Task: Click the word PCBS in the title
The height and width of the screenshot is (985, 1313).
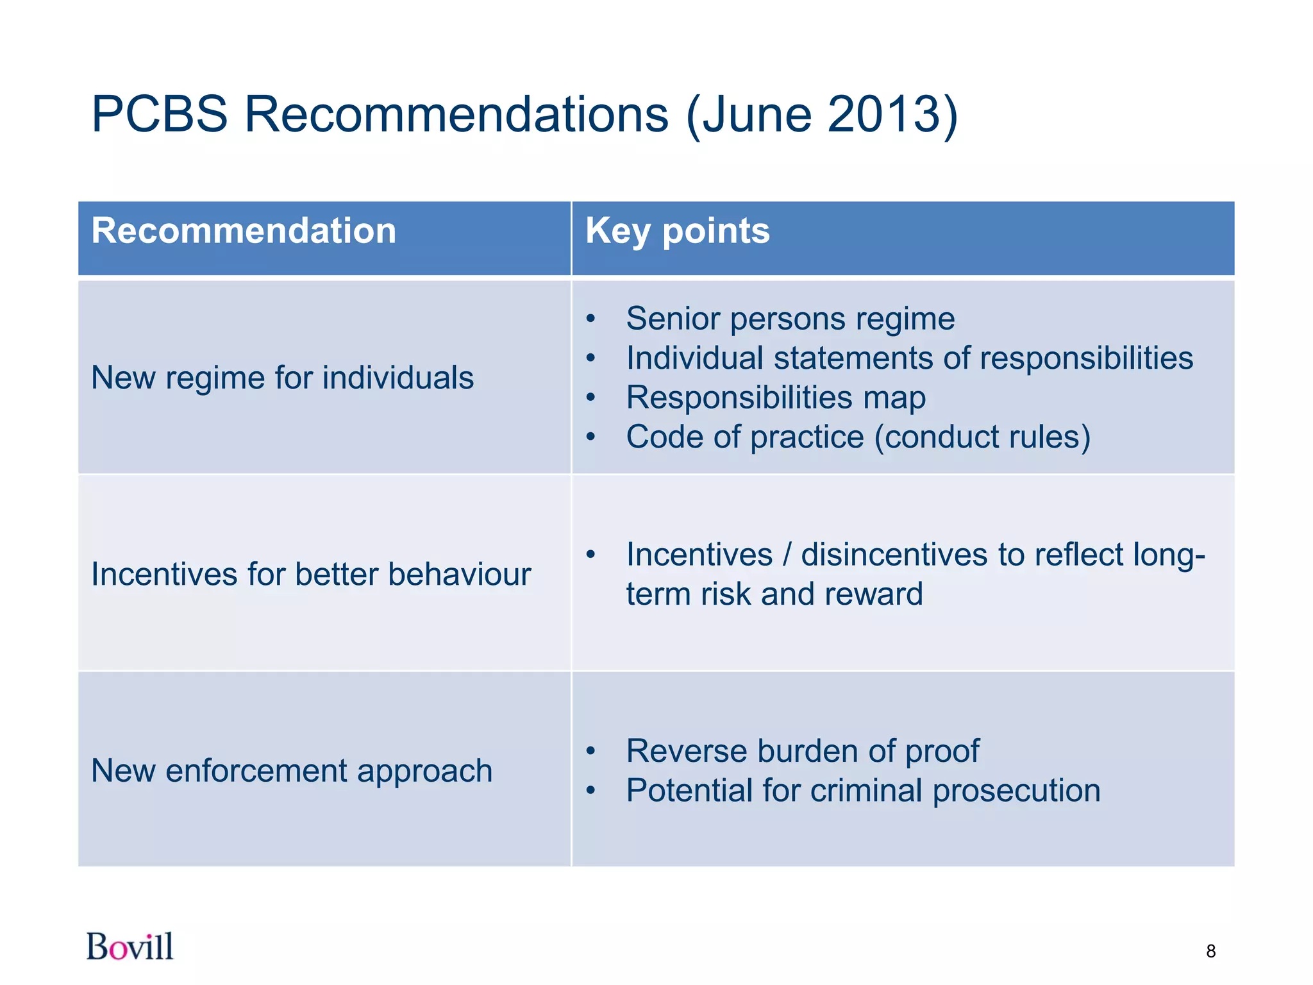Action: tap(160, 114)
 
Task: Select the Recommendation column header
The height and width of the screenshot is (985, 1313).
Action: tap(244, 231)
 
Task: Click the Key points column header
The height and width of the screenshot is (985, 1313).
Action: tap(677, 231)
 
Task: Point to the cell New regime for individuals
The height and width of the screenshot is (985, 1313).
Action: tap(282, 377)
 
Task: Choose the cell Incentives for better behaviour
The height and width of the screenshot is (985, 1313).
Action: tap(311, 574)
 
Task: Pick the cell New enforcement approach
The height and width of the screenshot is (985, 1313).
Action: tap(292, 770)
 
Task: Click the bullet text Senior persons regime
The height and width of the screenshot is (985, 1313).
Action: tap(790, 319)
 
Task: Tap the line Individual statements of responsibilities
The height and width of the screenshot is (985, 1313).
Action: tap(909, 358)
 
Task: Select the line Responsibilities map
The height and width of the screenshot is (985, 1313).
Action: tap(776, 398)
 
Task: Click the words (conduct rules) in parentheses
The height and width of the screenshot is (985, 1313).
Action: tap(982, 437)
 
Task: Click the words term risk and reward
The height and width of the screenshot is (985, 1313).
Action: tap(774, 594)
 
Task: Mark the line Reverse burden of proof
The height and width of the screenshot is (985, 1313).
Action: tap(803, 751)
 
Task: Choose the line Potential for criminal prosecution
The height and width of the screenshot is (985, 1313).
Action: tap(863, 790)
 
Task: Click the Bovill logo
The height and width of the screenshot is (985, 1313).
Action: tap(130, 947)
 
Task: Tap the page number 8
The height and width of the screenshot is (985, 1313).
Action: tap(1210, 951)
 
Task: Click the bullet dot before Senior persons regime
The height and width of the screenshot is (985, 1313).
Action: tap(590, 319)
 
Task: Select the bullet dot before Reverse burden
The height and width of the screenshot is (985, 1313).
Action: tap(590, 751)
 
